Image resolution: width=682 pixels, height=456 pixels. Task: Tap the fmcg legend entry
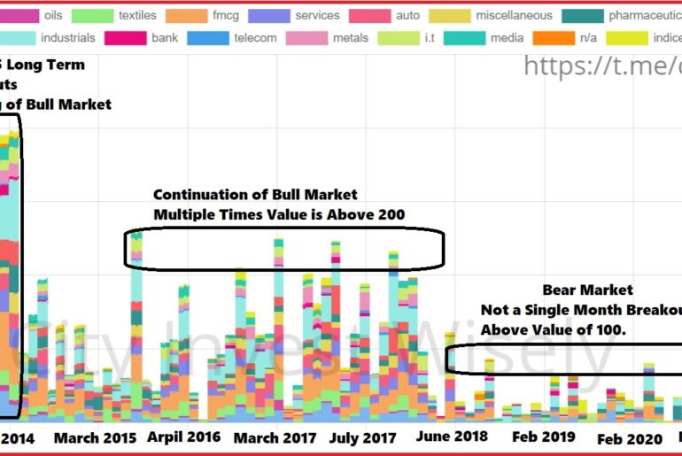(x=226, y=15)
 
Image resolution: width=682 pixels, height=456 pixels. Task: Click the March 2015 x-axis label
(x=94, y=437)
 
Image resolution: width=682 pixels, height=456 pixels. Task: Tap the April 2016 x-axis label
(x=183, y=437)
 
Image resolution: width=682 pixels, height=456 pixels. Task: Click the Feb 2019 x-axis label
(x=544, y=437)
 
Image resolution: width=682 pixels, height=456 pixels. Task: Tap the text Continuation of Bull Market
(x=255, y=195)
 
